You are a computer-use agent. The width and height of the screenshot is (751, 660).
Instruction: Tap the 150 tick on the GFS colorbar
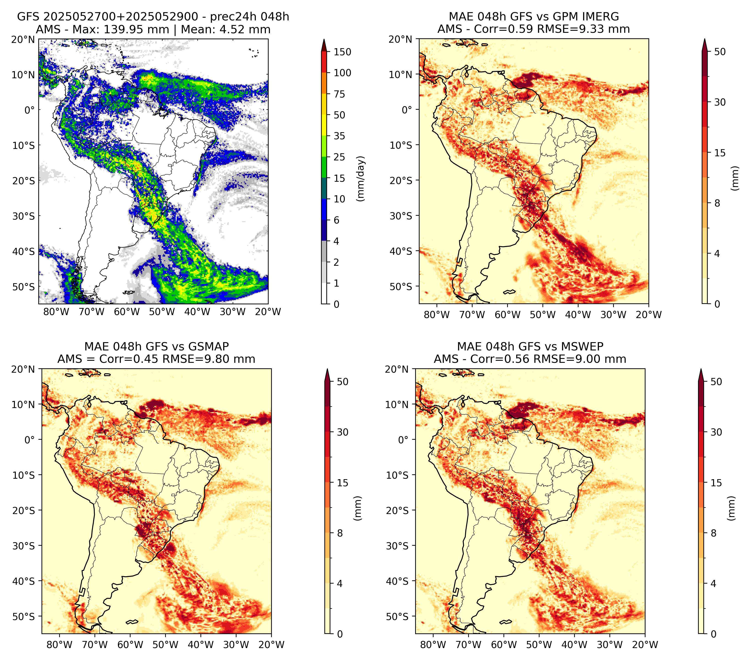click(x=342, y=52)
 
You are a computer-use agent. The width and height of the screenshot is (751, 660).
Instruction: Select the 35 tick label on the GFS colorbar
click(x=339, y=136)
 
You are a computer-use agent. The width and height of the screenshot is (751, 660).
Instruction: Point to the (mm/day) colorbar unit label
click(x=361, y=179)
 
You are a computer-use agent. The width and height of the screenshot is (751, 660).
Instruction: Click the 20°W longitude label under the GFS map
click(x=268, y=312)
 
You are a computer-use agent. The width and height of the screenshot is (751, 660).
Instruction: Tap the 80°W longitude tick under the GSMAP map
click(x=59, y=645)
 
